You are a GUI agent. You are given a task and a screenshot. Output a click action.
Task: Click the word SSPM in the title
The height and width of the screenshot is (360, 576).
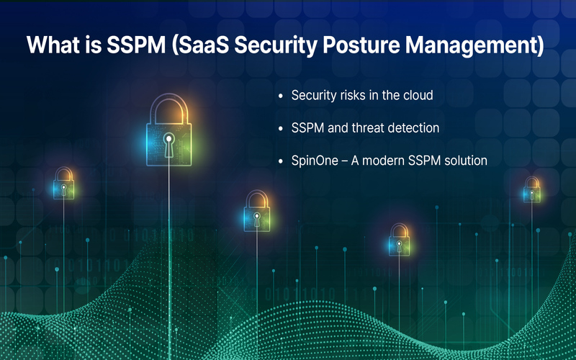coord(136,45)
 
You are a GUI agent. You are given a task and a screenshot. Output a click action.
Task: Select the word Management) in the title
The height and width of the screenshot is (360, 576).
coord(474,45)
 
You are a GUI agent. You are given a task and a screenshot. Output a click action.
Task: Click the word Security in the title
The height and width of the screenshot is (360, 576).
coord(276,45)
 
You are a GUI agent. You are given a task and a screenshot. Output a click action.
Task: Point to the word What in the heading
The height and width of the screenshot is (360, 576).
coord(53,45)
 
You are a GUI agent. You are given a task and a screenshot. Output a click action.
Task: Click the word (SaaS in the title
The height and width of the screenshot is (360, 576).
coord(201,45)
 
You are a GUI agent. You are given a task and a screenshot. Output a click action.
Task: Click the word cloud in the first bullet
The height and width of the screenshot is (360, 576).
coord(418,95)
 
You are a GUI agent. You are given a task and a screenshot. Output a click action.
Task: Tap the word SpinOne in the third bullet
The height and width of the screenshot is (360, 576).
coord(315,161)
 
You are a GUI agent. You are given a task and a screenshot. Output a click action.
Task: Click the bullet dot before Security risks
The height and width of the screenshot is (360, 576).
coord(281,96)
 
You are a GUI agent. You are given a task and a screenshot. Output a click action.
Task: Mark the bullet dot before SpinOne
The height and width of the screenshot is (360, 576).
coord(281,161)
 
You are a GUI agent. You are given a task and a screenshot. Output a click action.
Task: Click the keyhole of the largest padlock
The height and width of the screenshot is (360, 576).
coord(169,145)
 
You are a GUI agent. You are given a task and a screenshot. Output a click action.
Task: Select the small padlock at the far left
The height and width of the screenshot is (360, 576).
coord(63,184)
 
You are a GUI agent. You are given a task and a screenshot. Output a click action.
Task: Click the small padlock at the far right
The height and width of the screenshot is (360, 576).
coord(531,189)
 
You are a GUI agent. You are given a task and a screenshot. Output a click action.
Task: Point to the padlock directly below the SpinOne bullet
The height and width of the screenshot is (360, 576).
coord(399,240)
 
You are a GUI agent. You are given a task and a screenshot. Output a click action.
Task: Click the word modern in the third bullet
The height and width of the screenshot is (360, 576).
coord(382,161)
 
